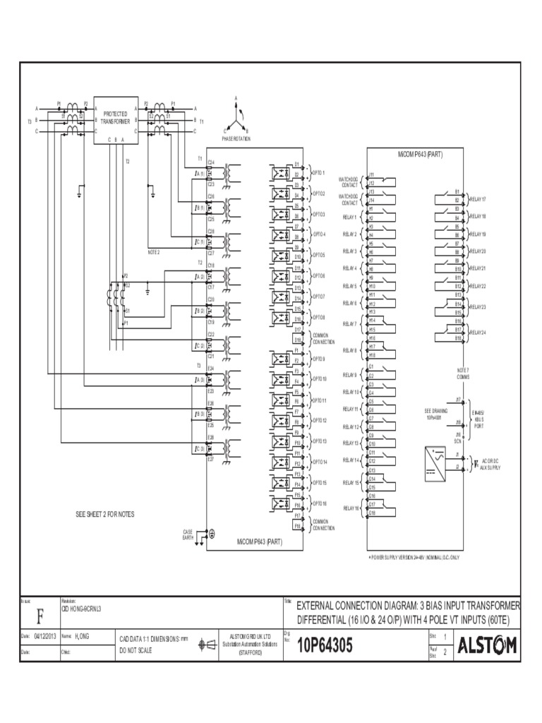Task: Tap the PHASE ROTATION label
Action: tap(236, 140)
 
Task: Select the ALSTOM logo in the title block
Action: tap(486, 645)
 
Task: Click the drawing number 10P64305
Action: tap(325, 646)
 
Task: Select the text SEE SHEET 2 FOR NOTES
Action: tap(105, 515)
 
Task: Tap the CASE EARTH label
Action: tap(188, 534)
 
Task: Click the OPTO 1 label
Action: tap(319, 172)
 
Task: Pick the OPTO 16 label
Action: tap(320, 503)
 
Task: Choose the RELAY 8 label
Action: tap(351, 350)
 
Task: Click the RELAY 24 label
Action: tap(478, 332)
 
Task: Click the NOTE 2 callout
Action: tap(154, 252)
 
